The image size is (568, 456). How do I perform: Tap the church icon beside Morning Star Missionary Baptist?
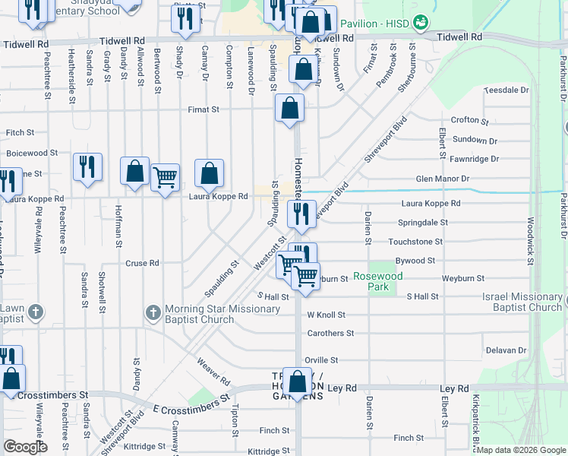(153, 312)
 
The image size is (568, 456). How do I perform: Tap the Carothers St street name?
(330, 333)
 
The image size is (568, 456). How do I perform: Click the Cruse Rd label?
(142, 264)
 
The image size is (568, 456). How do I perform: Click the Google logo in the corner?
(25, 447)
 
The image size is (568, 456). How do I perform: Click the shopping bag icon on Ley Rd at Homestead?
(298, 380)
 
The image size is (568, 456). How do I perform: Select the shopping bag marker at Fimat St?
(289, 108)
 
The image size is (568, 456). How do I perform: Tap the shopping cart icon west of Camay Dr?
(165, 178)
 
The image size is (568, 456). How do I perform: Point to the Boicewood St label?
(32, 153)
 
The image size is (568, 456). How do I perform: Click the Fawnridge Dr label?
(474, 159)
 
